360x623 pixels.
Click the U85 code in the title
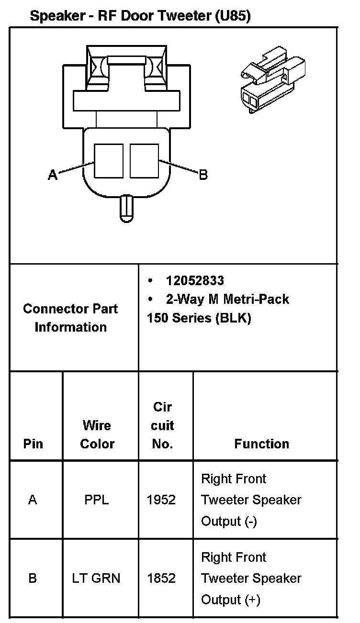coord(232,16)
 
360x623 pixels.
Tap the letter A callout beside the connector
coord(53,175)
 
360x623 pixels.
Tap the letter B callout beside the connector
coord(203,175)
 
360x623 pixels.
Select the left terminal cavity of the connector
coord(109,160)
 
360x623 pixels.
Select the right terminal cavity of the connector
coord(144,160)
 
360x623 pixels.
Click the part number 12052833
coord(195,280)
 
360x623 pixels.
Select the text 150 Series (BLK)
coord(199,318)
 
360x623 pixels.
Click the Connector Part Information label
coord(70,318)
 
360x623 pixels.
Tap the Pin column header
coord(33,444)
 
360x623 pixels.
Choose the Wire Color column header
coord(97,434)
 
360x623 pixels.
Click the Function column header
coord(262,444)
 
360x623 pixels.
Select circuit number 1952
coord(161,500)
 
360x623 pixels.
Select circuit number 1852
coord(161,578)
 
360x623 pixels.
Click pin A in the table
coord(33,500)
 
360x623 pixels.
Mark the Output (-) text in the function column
coord(229,521)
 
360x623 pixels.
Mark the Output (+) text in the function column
coord(230,600)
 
